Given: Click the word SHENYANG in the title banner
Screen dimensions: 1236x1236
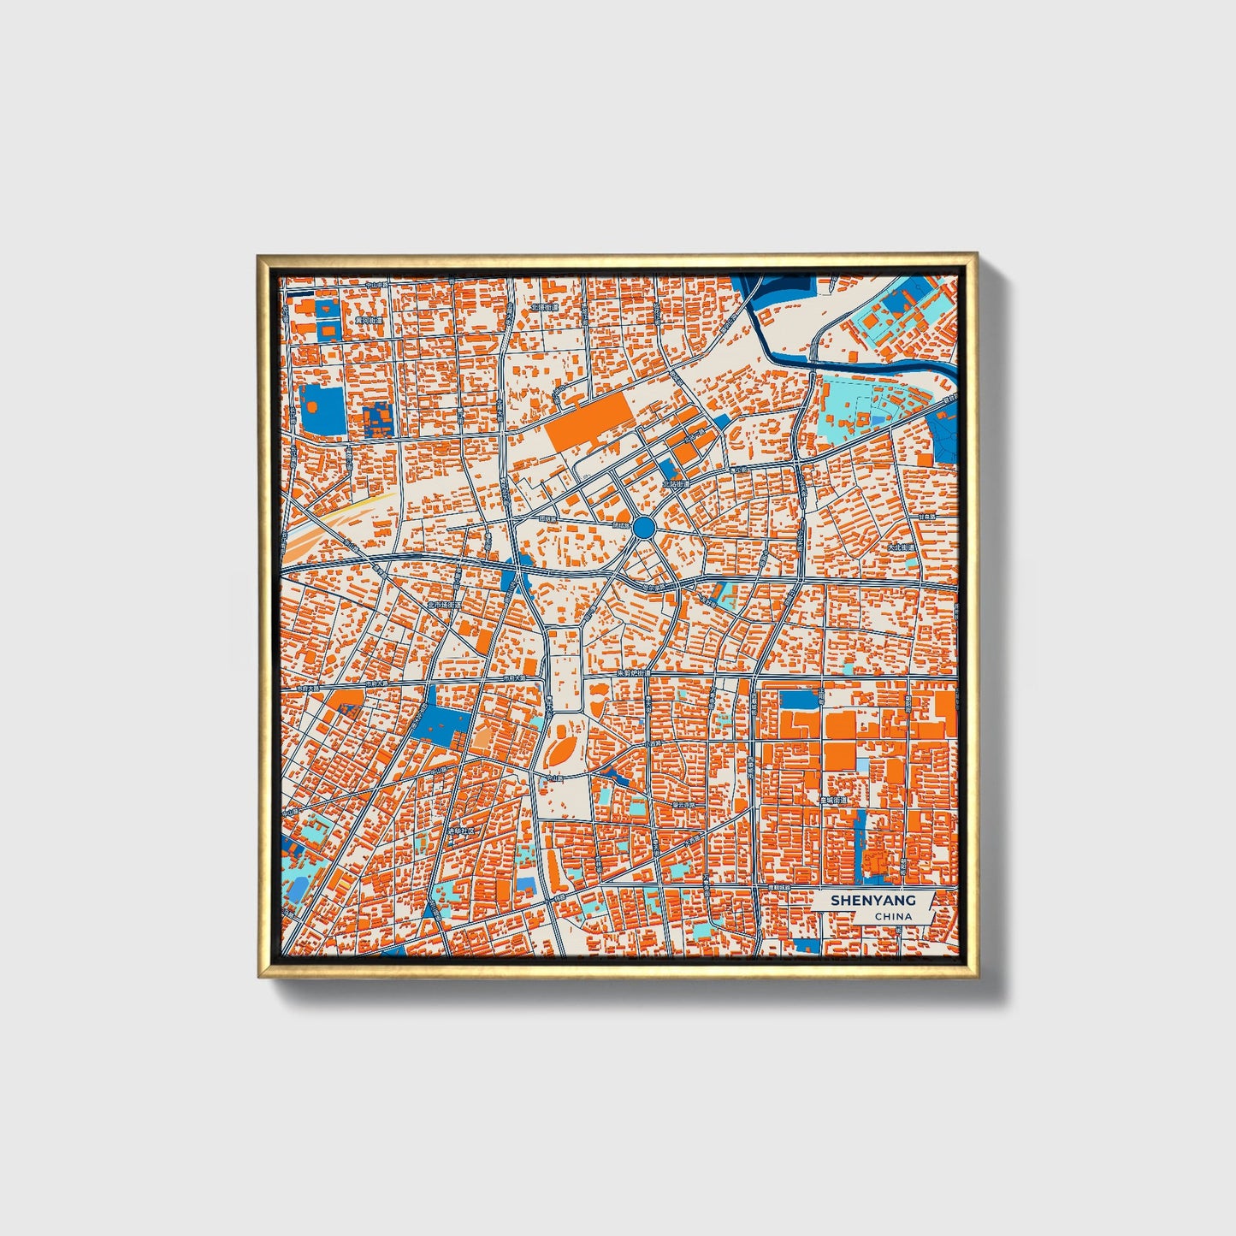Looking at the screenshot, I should (x=872, y=900).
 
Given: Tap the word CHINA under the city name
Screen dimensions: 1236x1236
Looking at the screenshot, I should (x=893, y=916).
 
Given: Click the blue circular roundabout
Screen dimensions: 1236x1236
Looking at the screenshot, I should (x=644, y=526).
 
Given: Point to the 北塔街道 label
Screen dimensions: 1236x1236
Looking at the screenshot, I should (x=543, y=307).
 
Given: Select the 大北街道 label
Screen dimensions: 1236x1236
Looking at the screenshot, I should (x=900, y=547).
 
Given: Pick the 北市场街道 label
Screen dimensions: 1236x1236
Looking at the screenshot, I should (x=444, y=605).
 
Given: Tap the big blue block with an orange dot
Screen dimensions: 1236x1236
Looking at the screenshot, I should (x=322, y=409).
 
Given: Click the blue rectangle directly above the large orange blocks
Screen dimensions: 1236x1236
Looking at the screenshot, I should (x=799, y=700).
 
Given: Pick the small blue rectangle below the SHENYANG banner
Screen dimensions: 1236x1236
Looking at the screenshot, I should (x=807, y=945).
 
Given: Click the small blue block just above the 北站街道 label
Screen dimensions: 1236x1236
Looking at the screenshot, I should (x=667, y=468).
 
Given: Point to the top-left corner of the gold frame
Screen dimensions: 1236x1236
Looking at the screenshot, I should (x=259, y=256).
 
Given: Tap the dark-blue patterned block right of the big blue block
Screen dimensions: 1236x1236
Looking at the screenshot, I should (x=377, y=420).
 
